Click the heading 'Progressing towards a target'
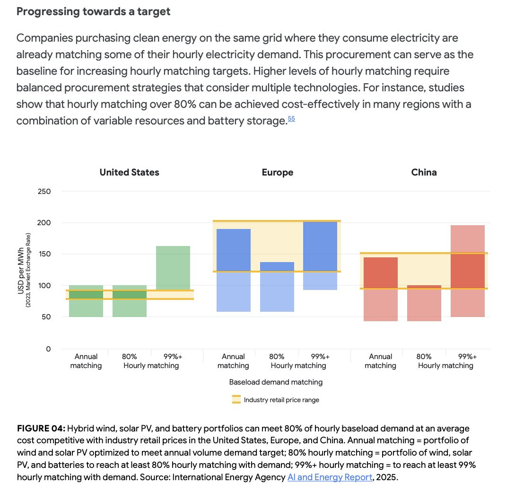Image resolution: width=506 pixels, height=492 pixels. pos(93,12)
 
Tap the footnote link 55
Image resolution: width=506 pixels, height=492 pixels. pos(291,119)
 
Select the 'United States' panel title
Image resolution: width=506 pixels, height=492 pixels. pos(129,172)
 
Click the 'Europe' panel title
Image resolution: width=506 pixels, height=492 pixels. pos(278,172)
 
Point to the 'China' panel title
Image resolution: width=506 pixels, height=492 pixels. pos(424,172)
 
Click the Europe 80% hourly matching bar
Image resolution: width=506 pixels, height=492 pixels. pos(277,287)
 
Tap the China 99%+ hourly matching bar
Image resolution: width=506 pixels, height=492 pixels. pos(468,271)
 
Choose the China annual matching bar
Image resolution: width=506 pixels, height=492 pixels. pos(381,289)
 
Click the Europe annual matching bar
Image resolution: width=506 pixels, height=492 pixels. pos(234,270)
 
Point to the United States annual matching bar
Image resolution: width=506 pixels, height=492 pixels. pos(86,301)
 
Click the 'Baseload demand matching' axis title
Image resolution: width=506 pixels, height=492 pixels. pos(276,382)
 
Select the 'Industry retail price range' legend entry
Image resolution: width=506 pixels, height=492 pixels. pos(281,400)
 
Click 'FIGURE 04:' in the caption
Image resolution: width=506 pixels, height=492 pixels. pos(41,429)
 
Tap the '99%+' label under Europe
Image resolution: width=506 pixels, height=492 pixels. pos(320,357)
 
